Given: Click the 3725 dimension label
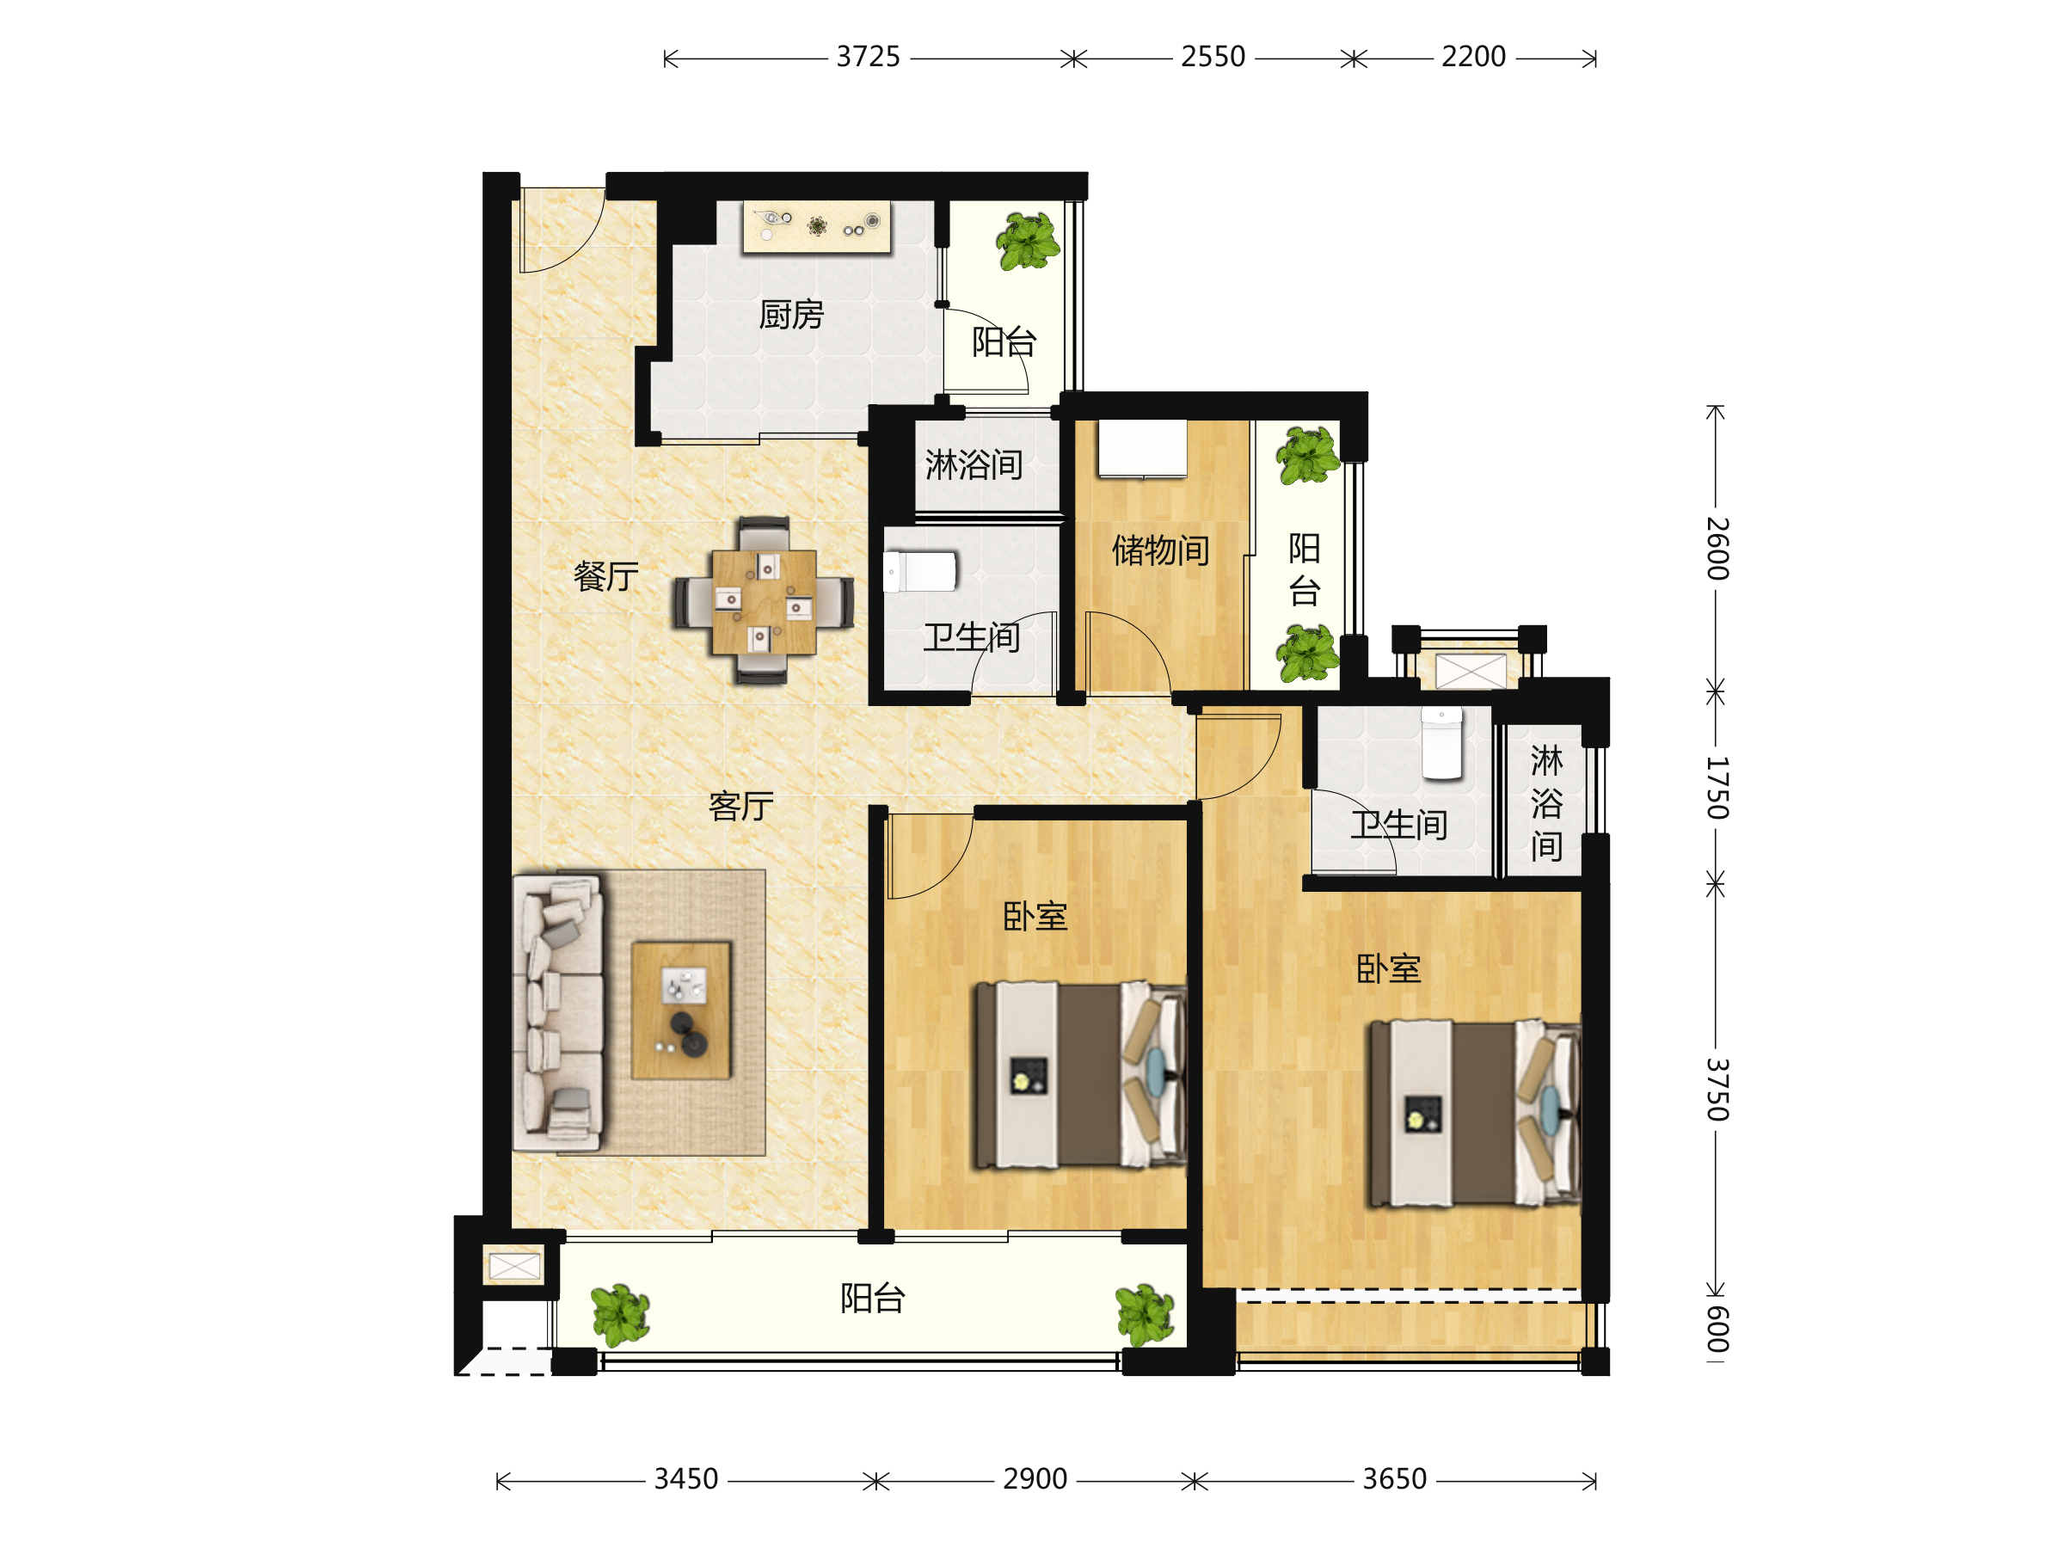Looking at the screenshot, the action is [x=868, y=57].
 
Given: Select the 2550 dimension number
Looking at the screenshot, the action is [x=1213, y=57].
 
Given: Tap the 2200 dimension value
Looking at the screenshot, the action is [x=1473, y=57].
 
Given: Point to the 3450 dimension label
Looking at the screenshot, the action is [x=685, y=1479].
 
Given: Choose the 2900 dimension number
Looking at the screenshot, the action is [x=1035, y=1479].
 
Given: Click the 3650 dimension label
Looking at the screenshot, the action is [x=1394, y=1479].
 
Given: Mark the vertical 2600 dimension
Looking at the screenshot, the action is [x=1717, y=549].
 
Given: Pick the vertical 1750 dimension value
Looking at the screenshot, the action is [x=1717, y=789].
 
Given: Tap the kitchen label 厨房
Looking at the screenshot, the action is [x=791, y=315].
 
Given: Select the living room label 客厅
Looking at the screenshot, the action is [x=740, y=806].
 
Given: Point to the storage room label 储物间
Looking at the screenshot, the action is [x=1161, y=550].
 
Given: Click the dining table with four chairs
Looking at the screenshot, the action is [x=764, y=601].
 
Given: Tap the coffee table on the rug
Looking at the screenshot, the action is [x=681, y=1010].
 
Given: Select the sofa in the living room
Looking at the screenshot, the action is [x=558, y=1012].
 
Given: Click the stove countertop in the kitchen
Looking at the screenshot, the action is [x=816, y=227].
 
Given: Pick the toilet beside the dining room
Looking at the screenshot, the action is [x=920, y=572].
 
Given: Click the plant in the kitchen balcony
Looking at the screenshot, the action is [x=1028, y=241].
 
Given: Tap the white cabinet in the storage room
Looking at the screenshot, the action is [x=1142, y=449].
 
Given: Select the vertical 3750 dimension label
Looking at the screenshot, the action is [x=1717, y=1090].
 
